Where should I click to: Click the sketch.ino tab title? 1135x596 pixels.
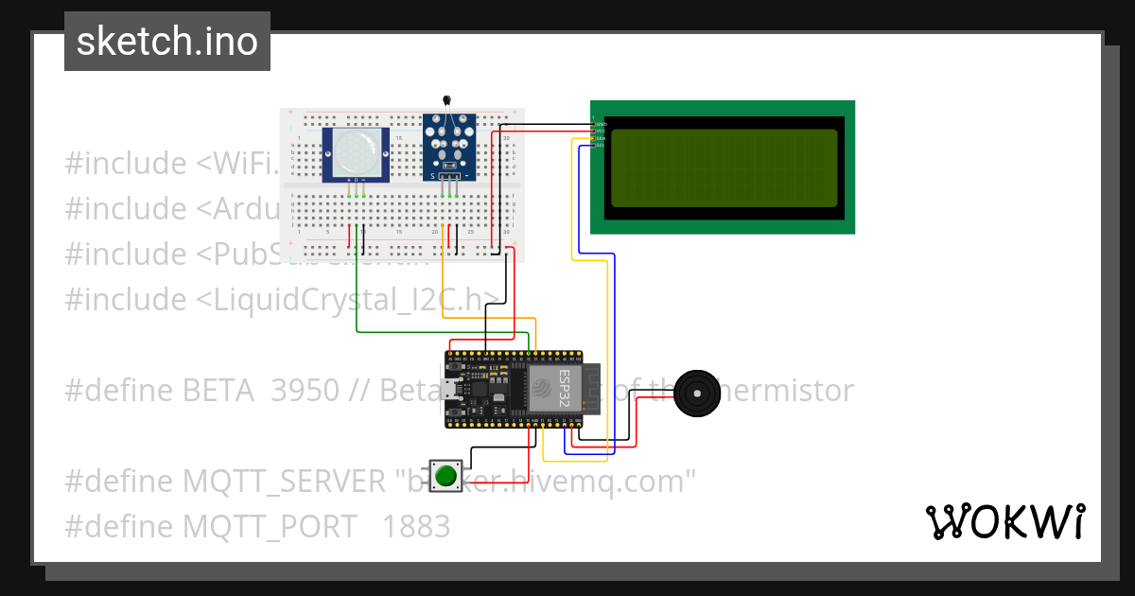point(166,42)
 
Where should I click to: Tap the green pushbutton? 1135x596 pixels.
point(445,475)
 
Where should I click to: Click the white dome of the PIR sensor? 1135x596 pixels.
point(355,150)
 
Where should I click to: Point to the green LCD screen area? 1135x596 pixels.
point(724,167)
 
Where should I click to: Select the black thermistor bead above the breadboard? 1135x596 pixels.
point(447,100)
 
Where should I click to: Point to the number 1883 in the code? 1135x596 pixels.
point(415,526)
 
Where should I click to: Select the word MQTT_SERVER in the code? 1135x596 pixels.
point(285,482)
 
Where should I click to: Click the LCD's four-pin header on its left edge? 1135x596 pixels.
point(596,133)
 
